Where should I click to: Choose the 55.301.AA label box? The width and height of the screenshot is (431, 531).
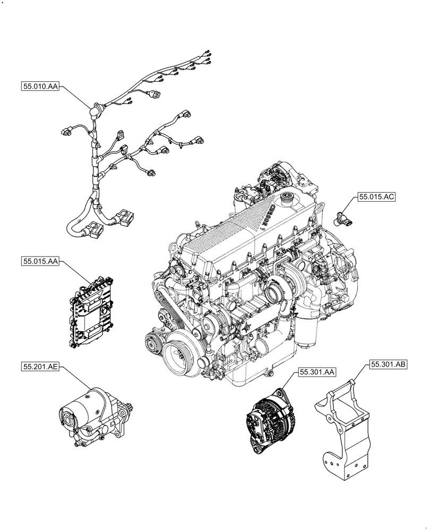tap(317, 373)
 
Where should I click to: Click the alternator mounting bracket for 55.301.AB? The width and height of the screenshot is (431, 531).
tap(342, 430)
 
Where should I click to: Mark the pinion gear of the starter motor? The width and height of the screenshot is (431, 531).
tap(131, 409)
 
